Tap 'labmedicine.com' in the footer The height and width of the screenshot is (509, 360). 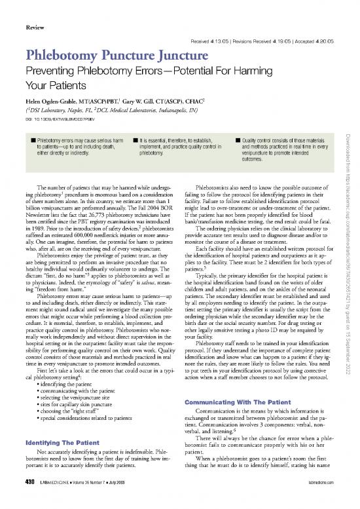(330, 502)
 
